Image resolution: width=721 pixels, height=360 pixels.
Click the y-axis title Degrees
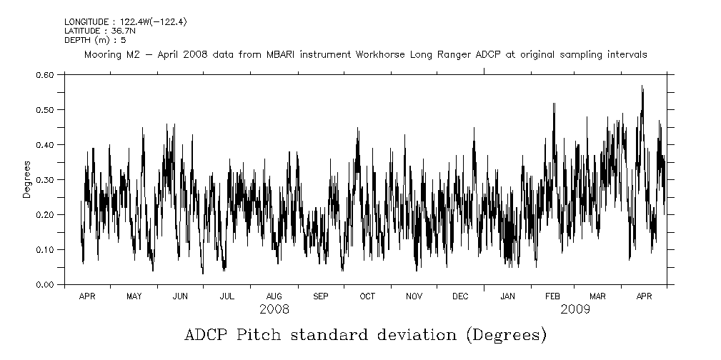[x=26, y=179]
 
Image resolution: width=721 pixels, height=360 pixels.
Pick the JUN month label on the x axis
[x=180, y=296]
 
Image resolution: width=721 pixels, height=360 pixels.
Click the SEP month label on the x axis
[x=320, y=296]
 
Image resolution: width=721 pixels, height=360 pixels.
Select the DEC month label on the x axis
[x=460, y=296]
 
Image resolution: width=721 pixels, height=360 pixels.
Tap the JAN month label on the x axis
[x=507, y=296]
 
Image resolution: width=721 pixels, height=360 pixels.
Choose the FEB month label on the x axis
[x=552, y=296]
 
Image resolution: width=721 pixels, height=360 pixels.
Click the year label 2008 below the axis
[x=274, y=309]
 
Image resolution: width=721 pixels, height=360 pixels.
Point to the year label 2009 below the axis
[x=575, y=309]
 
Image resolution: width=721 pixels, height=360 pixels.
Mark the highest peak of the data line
[x=642, y=86]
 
